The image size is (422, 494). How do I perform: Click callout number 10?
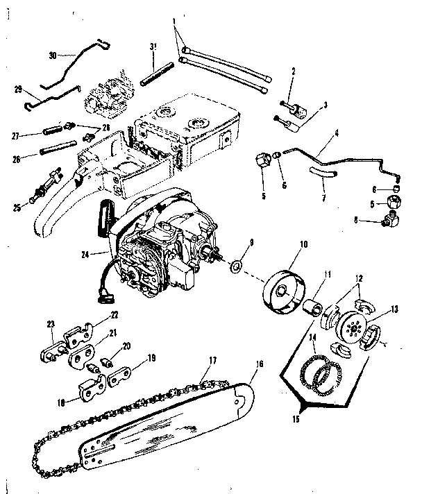pos(302,245)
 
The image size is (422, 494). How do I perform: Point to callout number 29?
pos(19,89)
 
